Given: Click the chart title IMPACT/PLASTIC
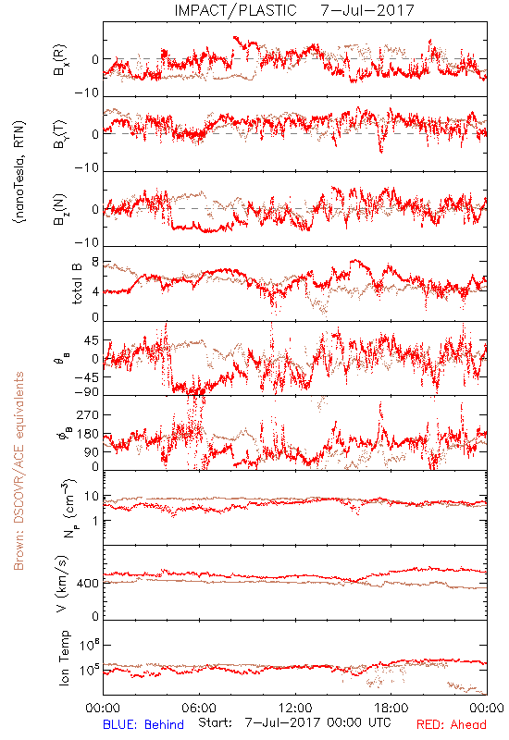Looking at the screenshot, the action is [235, 10].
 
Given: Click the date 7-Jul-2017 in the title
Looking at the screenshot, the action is [367, 10].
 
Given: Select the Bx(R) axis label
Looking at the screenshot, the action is [60, 59].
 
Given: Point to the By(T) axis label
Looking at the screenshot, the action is [60, 134].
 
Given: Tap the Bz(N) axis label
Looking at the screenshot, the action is [60, 209].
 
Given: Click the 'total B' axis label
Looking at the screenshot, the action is [77, 284].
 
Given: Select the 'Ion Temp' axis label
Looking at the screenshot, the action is [64, 658].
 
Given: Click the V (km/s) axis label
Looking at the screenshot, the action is [62, 584].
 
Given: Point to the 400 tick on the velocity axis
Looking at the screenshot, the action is [87, 584].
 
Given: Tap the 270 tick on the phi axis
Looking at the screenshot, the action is [87, 414].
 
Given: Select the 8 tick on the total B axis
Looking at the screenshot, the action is [95, 262].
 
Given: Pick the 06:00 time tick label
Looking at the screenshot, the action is [199, 708].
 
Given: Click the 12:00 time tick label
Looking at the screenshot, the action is [295, 708].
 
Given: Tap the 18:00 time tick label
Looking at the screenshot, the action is [391, 708].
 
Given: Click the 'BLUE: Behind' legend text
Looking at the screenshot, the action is [143, 724].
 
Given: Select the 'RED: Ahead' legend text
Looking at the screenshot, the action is [452, 724].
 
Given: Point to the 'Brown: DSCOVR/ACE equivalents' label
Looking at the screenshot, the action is [19, 471].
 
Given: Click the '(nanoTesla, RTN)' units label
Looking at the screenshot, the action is [19, 172].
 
